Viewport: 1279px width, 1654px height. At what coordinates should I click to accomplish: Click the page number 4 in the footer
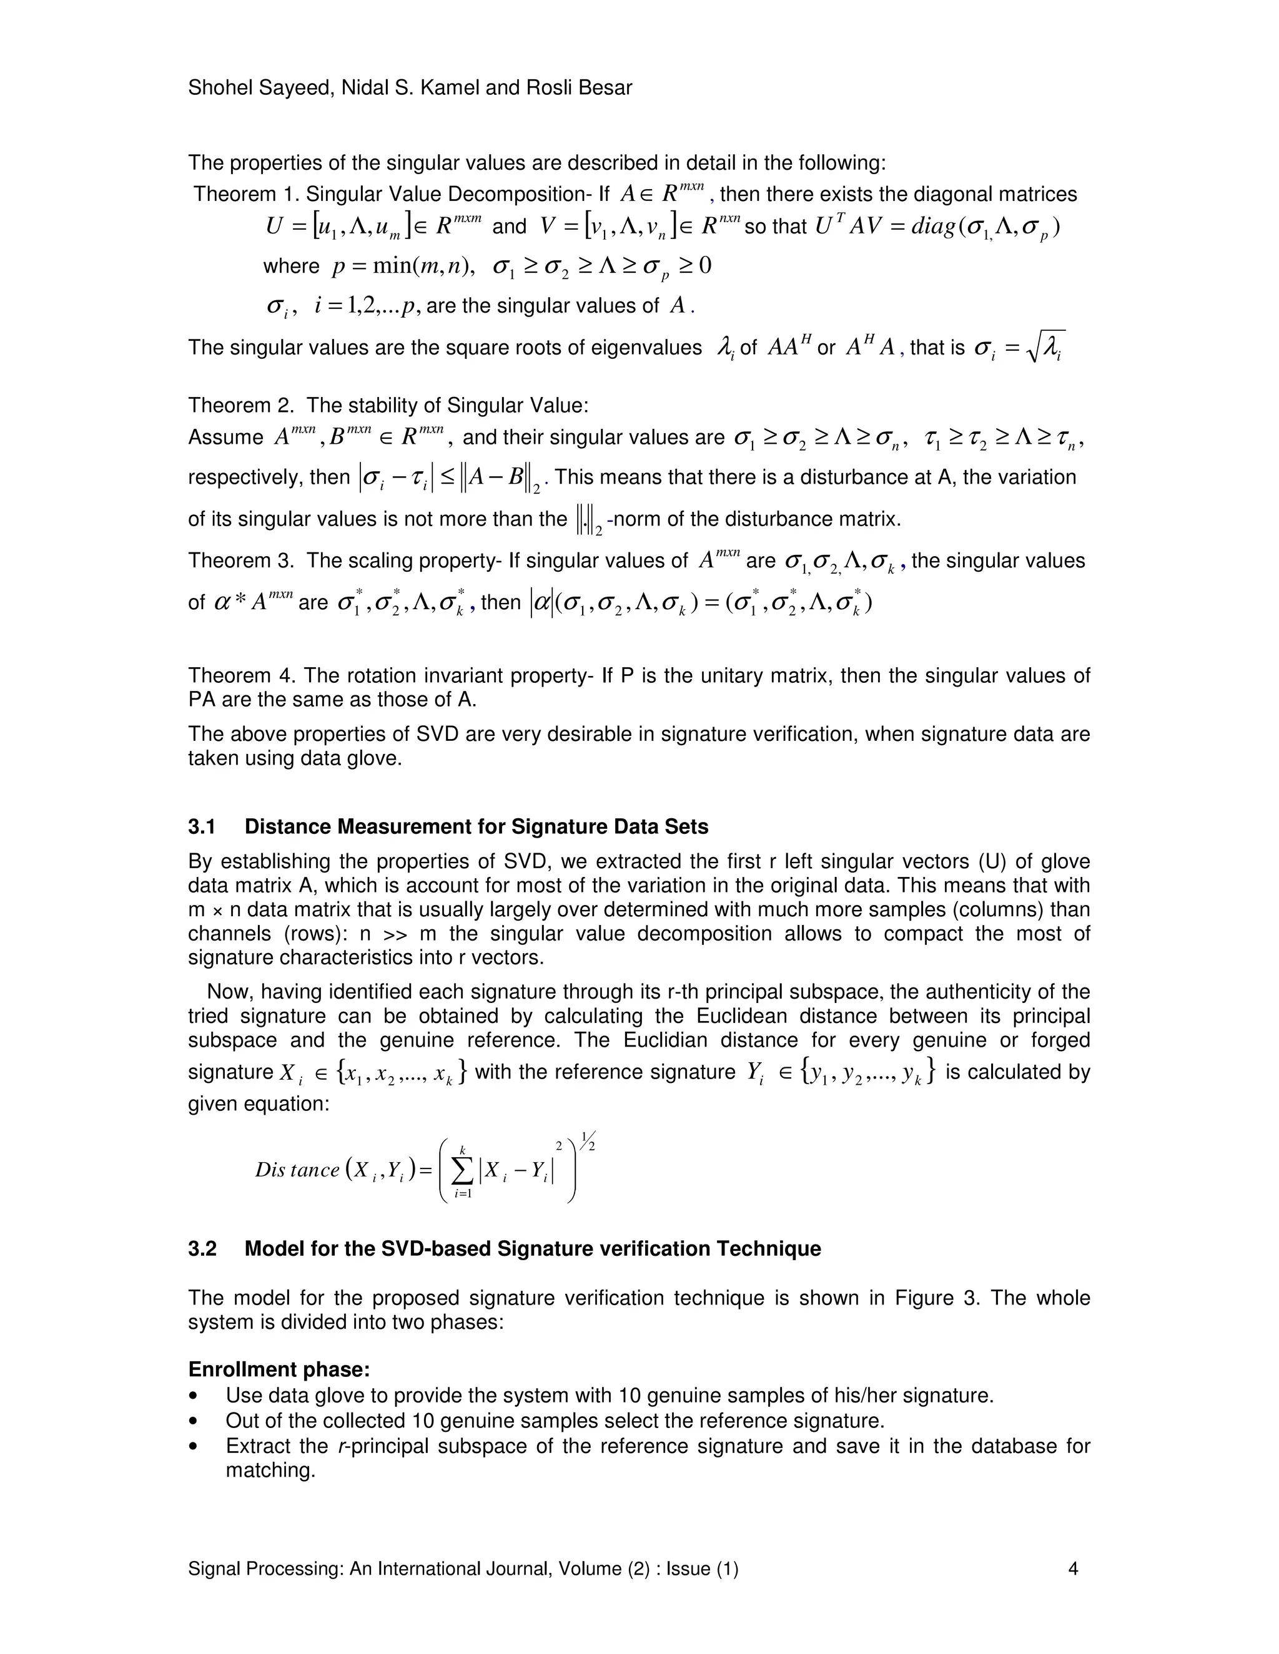click(1072, 1568)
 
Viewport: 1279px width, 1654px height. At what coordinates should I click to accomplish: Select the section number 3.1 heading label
click(202, 826)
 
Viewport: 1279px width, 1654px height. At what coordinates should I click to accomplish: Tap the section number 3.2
click(202, 1249)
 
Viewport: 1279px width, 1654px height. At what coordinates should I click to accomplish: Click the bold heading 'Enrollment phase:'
click(279, 1369)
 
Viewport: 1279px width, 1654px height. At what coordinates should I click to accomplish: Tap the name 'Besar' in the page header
click(603, 88)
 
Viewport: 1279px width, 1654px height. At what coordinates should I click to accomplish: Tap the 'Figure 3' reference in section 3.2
click(935, 1298)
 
